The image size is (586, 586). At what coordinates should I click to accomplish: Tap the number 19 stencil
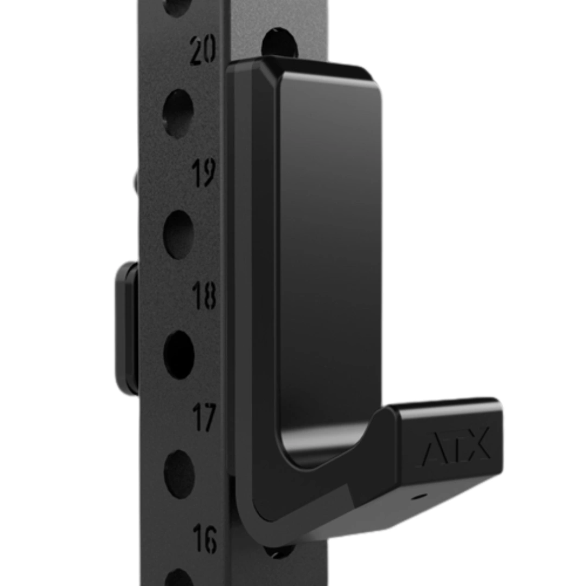coord(203,174)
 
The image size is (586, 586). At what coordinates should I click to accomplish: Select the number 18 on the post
coord(204,296)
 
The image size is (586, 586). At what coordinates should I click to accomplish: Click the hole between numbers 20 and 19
coord(179,113)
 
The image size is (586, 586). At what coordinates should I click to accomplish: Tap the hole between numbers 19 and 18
coord(179,234)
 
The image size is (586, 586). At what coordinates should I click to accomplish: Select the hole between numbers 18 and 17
coord(179,355)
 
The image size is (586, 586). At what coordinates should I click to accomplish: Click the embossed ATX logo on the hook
coord(455,447)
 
